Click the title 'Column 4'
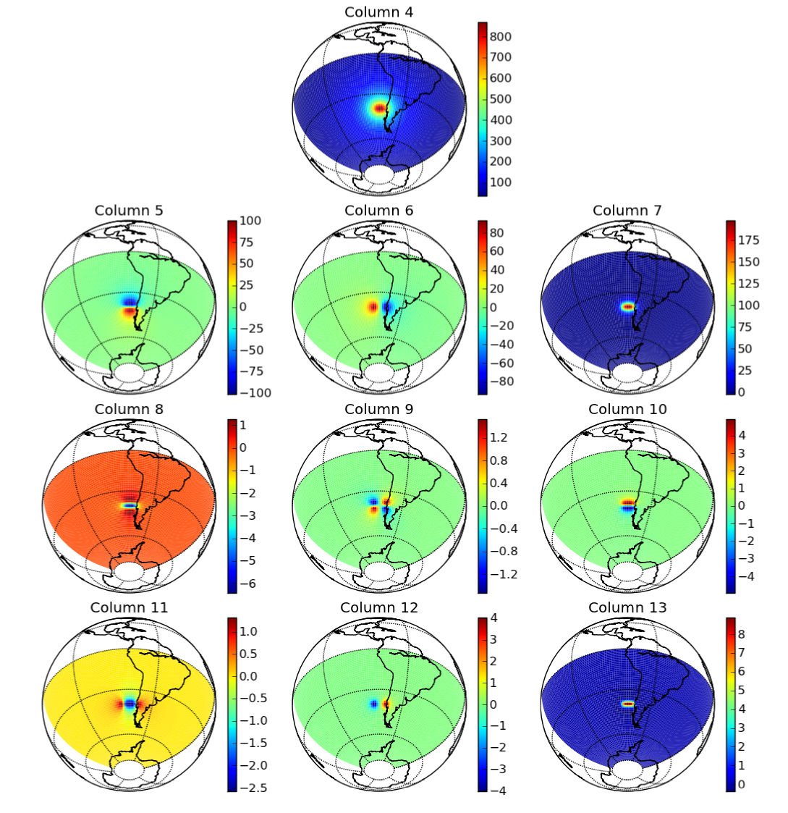378,12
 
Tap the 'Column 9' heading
378,409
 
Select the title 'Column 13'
627,607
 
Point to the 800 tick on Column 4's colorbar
501,36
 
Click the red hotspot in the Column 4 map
379,109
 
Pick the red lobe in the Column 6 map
373,307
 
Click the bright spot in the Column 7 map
627,307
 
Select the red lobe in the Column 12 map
386,703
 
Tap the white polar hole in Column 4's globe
378,174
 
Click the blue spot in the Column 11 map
130,702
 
